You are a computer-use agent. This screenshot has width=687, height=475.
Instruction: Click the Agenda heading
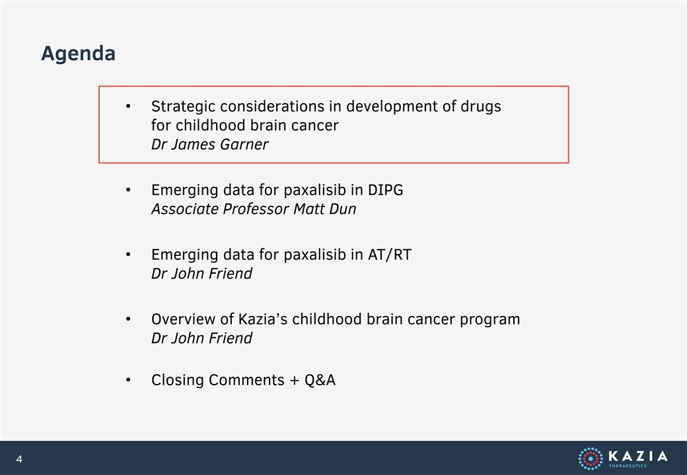point(79,54)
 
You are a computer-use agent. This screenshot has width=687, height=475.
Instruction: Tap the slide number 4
point(19,459)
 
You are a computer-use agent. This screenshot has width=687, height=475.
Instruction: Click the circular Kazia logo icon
point(591,459)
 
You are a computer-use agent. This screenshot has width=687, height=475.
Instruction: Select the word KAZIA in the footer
point(638,456)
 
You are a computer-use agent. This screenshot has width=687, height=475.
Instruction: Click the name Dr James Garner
point(210,144)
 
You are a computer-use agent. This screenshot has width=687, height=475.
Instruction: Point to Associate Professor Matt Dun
point(254,209)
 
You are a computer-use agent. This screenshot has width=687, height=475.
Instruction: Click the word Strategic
point(183,107)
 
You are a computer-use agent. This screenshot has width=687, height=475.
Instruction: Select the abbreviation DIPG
point(386,190)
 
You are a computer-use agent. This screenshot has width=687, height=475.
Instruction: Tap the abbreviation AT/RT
point(390,255)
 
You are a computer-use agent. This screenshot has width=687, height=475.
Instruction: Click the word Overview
point(184,319)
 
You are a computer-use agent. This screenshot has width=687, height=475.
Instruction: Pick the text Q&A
point(320,380)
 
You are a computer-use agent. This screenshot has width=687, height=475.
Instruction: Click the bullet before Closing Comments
point(128,379)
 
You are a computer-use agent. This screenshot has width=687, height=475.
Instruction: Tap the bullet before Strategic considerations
point(128,106)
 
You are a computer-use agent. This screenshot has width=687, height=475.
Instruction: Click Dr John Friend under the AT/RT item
point(201,274)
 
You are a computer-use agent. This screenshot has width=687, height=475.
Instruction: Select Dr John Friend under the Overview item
point(201,338)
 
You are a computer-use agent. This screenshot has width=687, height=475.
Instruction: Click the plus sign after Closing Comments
point(295,381)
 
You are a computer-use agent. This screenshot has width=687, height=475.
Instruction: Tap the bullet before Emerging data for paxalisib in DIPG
point(128,189)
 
